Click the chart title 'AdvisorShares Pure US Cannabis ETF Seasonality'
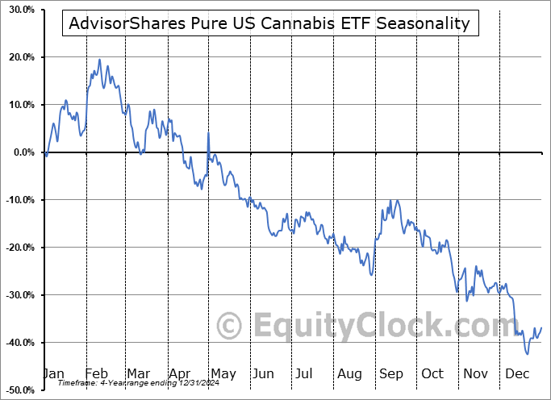(270, 23)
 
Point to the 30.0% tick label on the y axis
(19, 10)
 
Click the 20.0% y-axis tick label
(19, 57)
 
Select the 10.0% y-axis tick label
(19, 105)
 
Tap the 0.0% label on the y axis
(22, 152)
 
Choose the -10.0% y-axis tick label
(18, 200)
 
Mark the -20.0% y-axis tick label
(18, 248)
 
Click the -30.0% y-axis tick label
(18, 295)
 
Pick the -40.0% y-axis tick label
(18, 343)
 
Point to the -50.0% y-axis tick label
(18, 390)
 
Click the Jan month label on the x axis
(53, 373)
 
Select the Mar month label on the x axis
(139, 373)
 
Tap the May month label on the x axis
(223, 373)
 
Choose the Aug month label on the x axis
(349, 373)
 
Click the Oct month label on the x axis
(432, 373)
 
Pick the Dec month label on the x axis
(517, 373)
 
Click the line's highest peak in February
(99, 59)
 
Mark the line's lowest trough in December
(528, 353)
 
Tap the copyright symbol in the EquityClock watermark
(230, 327)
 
